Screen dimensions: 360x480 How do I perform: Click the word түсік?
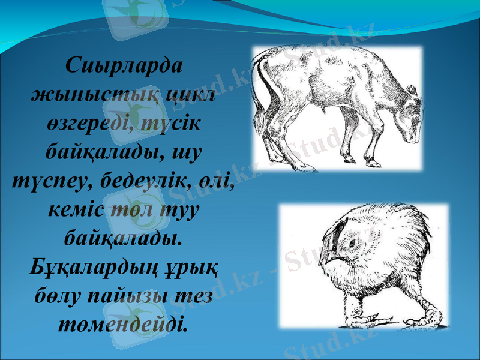pyautogui.click(x=175, y=124)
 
